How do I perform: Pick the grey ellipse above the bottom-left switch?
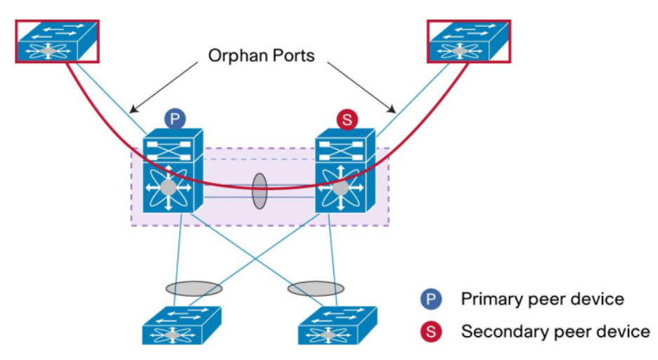coord(194,288)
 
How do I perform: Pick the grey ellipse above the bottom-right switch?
coord(316,288)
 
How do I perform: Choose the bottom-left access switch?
coord(182,325)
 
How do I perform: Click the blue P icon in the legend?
coord(431,300)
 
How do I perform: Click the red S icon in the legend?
coord(431,331)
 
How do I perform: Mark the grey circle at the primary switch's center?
coord(168,188)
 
